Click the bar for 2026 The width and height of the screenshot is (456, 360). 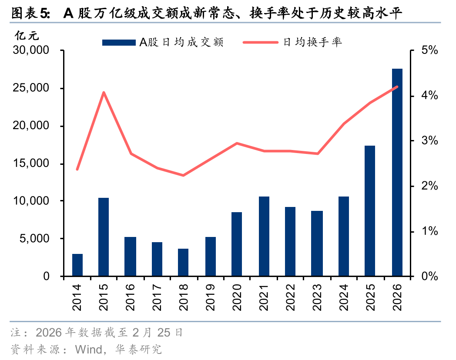397,173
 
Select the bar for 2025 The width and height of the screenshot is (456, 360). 370,211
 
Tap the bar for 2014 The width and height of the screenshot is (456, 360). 77,265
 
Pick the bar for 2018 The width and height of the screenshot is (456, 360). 183,263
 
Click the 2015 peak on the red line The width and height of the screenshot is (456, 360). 104,92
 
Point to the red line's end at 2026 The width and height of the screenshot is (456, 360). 397,87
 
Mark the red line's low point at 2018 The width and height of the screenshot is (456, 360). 183,176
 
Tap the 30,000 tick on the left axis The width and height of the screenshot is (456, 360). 31,51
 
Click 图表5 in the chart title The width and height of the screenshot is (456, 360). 30,14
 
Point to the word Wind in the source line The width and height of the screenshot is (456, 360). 88,349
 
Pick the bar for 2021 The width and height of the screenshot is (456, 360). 264,237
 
